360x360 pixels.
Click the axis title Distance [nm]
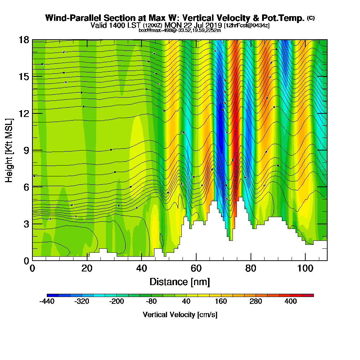[x=179, y=282]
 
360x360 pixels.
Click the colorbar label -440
[x=47, y=302]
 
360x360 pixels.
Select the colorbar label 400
[x=291, y=302]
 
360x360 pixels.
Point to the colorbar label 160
[x=222, y=302]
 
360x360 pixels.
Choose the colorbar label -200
[x=116, y=302]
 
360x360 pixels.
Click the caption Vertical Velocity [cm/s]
[x=180, y=315]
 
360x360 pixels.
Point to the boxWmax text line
[x=180, y=30]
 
